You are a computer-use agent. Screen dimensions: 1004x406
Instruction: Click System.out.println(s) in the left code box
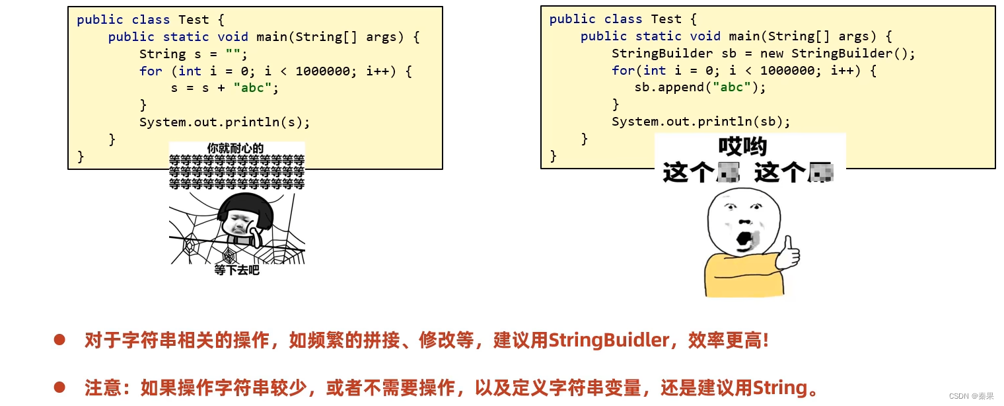pyautogui.click(x=225, y=122)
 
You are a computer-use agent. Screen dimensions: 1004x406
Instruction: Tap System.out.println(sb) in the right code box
pyautogui.click(x=701, y=122)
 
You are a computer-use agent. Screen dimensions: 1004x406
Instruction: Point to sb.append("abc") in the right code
pyautogui.click(x=700, y=88)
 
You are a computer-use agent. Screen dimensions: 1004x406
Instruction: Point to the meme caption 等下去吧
pyautogui.click(x=236, y=270)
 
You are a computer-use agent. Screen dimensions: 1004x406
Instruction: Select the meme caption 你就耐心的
pyautogui.click(x=235, y=148)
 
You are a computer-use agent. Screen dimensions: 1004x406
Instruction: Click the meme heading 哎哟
pyautogui.click(x=742, y=147)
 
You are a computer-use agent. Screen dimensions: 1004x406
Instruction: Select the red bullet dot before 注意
pyautogui.click(x=59, y=386)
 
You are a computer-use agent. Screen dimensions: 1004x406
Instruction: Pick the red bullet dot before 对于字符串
pyautogui.click(x=59, y=340)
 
